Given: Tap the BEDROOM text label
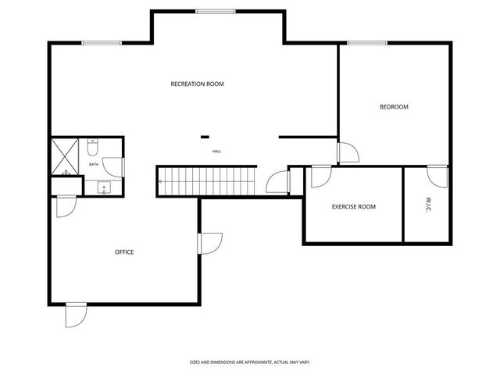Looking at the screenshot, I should pos(394,107).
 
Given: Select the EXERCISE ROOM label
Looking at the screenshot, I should pos(353,207).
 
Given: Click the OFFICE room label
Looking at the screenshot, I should pos(124,252).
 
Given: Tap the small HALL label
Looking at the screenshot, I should pos(216,152).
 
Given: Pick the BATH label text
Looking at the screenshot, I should pos(94,164).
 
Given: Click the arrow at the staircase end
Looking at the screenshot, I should pos(161,182).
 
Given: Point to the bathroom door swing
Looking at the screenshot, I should pos(114,166).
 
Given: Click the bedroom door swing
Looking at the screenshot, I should pos(348,153).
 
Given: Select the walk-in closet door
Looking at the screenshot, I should pos(437,176).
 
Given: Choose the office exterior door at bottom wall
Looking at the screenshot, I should pos(76,314).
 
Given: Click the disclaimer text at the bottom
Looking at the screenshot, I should pos(250,362).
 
